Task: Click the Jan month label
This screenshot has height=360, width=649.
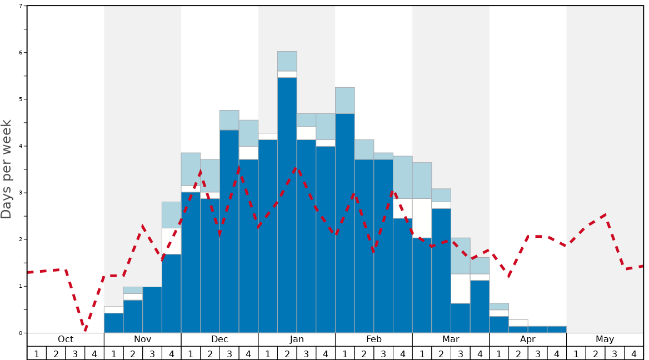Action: coord(297,339)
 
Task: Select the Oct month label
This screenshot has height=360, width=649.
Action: coord(66,339)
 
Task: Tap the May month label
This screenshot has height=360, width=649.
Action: coord(605,339)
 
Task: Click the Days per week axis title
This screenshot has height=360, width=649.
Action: coord(7,169)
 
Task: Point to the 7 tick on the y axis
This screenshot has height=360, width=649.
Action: coord(21,6)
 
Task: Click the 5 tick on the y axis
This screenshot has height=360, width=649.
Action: coord(21,99)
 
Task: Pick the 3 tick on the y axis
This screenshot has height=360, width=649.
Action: coord(21,193)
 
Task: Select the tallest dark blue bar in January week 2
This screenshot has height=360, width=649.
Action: coord(287,205)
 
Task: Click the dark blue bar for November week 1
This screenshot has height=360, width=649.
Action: coord(114,323)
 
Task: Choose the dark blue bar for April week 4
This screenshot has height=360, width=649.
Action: coord(557,329)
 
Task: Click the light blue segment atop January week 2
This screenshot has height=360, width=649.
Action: coord(287,61)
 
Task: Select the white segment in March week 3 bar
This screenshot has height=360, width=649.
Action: coord(461,289)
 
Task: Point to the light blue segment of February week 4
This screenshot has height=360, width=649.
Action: coord(403,177)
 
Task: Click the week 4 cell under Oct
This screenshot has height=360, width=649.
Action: coord(94,353)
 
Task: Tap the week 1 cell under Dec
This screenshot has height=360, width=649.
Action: coord(191,353)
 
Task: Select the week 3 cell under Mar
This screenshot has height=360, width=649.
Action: coord(461,353)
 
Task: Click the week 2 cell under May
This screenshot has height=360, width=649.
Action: coord(596,353)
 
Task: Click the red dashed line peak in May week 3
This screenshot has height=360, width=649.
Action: coord(606,214)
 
